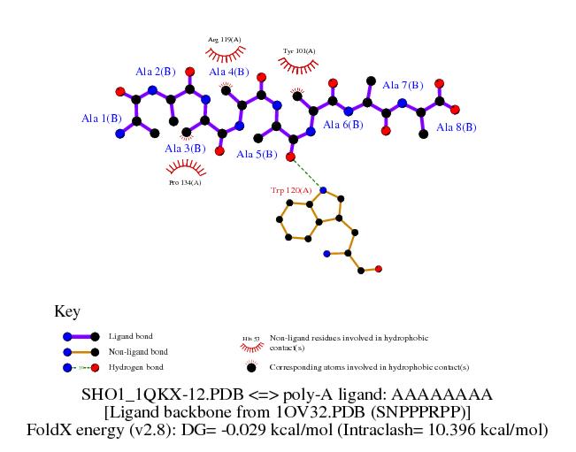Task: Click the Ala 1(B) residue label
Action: (102, 118)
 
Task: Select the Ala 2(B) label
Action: (156, 71)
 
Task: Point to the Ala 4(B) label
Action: (228, 72)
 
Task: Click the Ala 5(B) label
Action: (257, 155)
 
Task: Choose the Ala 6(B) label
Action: (342, 125)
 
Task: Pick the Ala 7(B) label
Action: (403, 86)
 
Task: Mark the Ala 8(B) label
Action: (456, 127)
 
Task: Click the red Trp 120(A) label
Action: (291, 190)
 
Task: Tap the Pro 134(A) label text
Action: (185, 183)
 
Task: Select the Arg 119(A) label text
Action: (225, 39)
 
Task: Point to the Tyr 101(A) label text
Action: (299, 50)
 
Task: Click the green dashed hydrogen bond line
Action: (306, 173)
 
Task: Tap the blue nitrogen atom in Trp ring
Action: (323, 189)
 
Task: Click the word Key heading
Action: (67, 311)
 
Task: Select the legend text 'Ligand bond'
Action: (130, 336)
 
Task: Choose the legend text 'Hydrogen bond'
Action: (135, 366)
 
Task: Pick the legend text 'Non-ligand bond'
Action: (137, 351)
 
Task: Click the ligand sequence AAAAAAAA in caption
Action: (451, 393)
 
